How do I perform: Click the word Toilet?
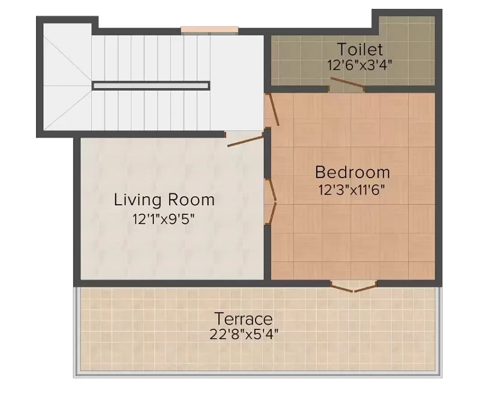coord(360,49)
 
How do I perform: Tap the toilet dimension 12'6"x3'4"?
coord(359,65)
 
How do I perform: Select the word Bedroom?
coord(352,172)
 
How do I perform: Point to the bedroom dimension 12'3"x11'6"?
coord(352,190)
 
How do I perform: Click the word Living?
coord(138,200)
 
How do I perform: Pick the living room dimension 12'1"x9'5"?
coord(164,219)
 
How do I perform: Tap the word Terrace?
coord(244,319)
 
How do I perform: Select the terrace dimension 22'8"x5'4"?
coord(244,334)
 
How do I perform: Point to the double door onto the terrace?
coord(354,287)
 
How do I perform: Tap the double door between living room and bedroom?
coord(272,202)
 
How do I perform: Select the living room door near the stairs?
coord(245,140)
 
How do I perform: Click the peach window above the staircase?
coord(209,29)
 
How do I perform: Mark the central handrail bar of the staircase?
coord(152,86)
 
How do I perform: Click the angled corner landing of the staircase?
coord(67,77)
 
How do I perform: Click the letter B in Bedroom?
coord(321,172)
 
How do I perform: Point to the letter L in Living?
coord(118,200)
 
